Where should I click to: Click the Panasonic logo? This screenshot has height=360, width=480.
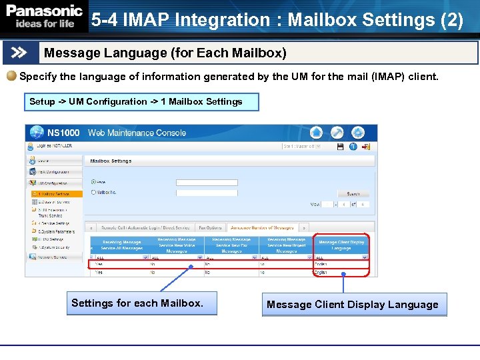pos(44,16)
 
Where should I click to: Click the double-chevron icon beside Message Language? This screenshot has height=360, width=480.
pos(19,53)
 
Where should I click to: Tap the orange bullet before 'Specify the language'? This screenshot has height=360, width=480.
pos(11,77)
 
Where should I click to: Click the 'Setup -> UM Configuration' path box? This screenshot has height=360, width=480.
pos(136,102)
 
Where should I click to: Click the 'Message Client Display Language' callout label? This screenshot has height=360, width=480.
pos(353,305)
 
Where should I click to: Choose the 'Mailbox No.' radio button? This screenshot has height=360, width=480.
pos(93,193)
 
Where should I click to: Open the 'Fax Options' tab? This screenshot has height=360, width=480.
pos(210,228)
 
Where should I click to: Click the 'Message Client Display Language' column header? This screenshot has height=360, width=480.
pos(341,245)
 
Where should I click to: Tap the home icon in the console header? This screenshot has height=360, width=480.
pos(317,132)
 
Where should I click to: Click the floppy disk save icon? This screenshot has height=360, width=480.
pos(340,147)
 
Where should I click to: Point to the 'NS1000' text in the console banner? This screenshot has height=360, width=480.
pos(63,133)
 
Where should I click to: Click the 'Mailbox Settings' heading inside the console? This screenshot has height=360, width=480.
pos(111,161)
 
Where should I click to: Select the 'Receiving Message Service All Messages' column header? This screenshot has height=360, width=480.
pos(122,245)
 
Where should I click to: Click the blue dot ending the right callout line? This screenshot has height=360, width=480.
pos(343,274)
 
